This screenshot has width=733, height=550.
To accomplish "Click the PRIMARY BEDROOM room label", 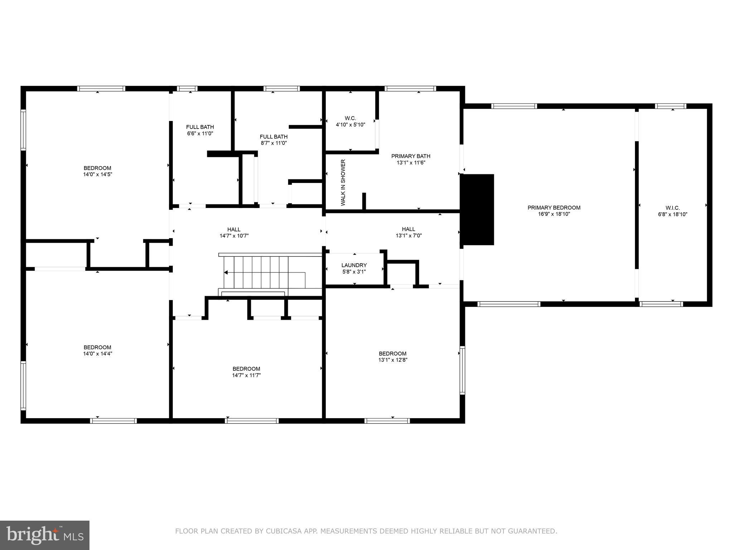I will point(554,211).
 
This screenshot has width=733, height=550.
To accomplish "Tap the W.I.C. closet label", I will point(673,211).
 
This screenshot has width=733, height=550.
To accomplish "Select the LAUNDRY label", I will point(354,268).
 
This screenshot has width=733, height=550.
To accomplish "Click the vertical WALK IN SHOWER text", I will point(343,183).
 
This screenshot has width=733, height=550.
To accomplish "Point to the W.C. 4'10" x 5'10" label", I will point(350,121).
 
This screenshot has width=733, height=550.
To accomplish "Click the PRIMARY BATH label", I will point(411,159).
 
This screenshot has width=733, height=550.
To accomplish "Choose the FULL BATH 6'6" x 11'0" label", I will point(200,130).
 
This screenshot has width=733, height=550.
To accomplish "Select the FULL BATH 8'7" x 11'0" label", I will point(273,140).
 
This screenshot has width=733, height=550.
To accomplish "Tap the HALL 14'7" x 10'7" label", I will point(234,232).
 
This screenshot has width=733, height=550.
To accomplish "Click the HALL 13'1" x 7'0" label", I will point(408,232).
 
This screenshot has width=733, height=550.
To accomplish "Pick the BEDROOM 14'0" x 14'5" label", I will point(97,171).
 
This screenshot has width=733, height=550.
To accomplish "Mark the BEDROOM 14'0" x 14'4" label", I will point(97,350).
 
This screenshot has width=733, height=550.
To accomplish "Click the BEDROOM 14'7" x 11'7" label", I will point(246,372).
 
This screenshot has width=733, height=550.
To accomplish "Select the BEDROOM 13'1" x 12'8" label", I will point(393,356).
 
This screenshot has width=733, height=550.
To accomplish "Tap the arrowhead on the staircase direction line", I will point(226,273).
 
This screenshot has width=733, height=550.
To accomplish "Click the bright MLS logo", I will point(44,535).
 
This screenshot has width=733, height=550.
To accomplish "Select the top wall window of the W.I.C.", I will point(670,106).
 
